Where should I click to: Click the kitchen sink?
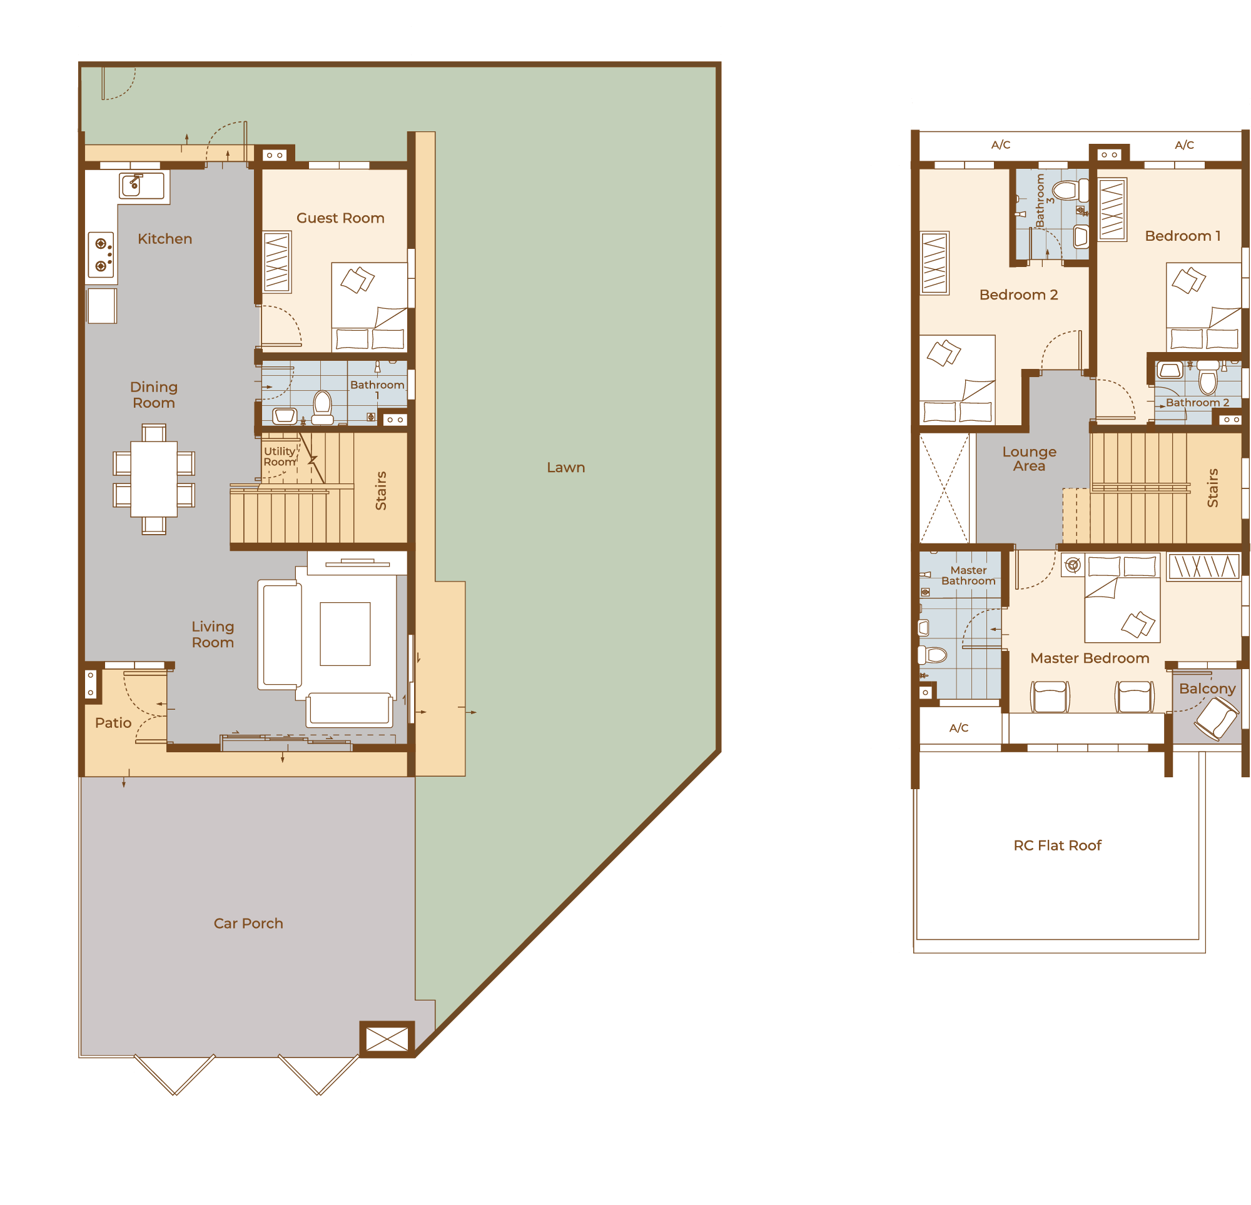point(142,186)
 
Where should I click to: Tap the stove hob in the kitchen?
point(101,255)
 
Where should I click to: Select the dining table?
point(154,478)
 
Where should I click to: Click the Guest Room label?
point(340,218)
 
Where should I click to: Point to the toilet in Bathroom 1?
point(322,407)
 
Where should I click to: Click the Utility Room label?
point(280,456)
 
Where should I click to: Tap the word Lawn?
point(565,467)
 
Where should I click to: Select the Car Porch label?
point(248,924)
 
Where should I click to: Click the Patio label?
point(113,723)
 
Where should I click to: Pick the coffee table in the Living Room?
point(345,634)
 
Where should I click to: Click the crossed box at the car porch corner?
point(387,1040)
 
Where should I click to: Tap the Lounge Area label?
point(1029,459)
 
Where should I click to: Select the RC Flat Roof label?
point(1058,845)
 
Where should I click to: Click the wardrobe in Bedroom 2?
point(934,263)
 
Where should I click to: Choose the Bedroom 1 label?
point(1183,236)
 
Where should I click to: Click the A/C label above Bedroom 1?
point(1184,145)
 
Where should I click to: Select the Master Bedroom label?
point(1090,658)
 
